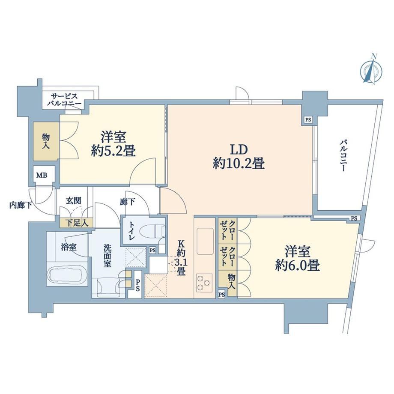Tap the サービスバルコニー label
pyautogui.click(x=64, y=100)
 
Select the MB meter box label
pyautogui.click(x=42, y=175)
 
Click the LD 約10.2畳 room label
pyautogui.click(x=239, y=157)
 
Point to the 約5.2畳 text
pyautogui.click(x=113, y=151)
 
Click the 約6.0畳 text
pyautogui.click(x=297, y=266)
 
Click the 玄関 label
pyautogui.click(x=74, y=201)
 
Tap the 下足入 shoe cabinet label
pyautogui.click(x=77, y=223)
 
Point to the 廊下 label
pyautogui.click(x=127, y=202)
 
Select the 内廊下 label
pyautogui.click(x=21, y=205)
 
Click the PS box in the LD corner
pyautogui.click(x=308, y=120)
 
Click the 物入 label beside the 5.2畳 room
pyautogui.click(x=46, y=141)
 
